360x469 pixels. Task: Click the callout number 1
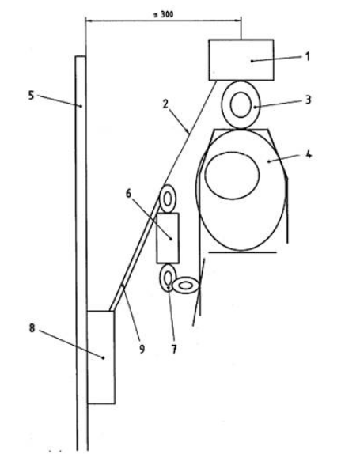coord(307,57)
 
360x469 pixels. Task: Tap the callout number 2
coord(165,104)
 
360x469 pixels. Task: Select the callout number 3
coord(308,100)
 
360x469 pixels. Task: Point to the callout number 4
coord(309,155)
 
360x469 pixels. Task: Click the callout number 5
coord(32,96)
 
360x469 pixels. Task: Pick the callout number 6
coord(128,194)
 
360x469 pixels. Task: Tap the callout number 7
coord(174,349)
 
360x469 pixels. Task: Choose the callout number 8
coord(32,328)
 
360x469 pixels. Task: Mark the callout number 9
coord(142,349)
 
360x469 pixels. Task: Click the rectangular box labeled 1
coord(241,60)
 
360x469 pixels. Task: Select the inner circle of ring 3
coord(241,104)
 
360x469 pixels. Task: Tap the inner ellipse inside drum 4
coord(232,176)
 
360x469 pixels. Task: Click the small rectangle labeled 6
coord(168,238)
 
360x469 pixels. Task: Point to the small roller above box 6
coord(167,199)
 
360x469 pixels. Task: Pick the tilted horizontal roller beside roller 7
coord(186,286)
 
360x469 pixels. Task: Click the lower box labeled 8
coord(101,357)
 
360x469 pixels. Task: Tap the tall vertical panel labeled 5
coord(81,253)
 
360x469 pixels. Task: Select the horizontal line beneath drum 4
coord(242,252)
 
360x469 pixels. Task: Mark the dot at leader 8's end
coord(104,357)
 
